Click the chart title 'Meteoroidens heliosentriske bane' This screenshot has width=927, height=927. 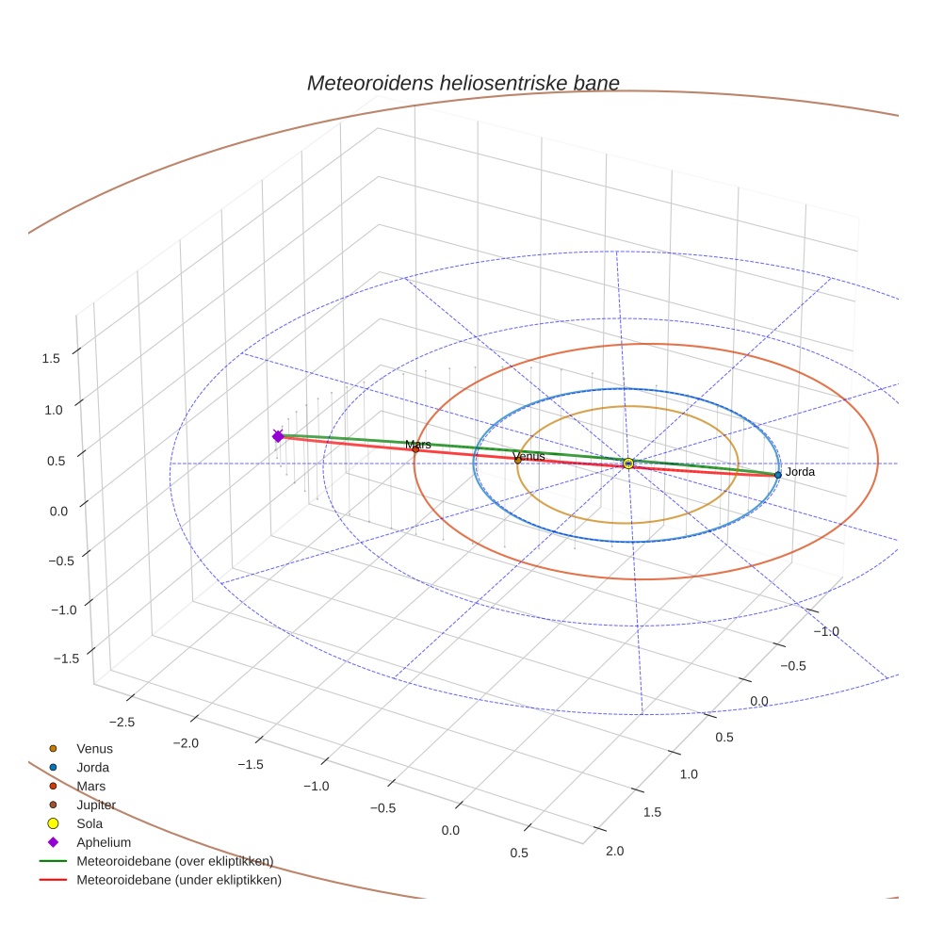463,83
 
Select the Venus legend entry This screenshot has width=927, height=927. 94,749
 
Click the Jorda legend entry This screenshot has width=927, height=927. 92,768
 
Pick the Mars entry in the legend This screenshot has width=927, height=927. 90,786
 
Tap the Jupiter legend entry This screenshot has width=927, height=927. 96,805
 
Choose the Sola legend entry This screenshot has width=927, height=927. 89,823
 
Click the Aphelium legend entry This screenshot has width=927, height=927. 104,842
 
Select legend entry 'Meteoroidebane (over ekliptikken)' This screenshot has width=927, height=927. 174,861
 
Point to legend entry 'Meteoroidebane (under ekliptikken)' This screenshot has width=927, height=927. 179,881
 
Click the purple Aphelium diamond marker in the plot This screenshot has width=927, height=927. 278,436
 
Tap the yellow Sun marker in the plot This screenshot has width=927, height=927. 628,463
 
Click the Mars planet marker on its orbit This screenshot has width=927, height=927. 415,449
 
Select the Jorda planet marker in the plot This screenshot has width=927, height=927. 777,475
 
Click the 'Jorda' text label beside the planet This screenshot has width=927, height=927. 800,472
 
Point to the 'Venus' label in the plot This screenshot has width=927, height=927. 529,456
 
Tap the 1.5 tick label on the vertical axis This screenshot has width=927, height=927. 51,358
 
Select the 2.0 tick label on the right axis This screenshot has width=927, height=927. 614,851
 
